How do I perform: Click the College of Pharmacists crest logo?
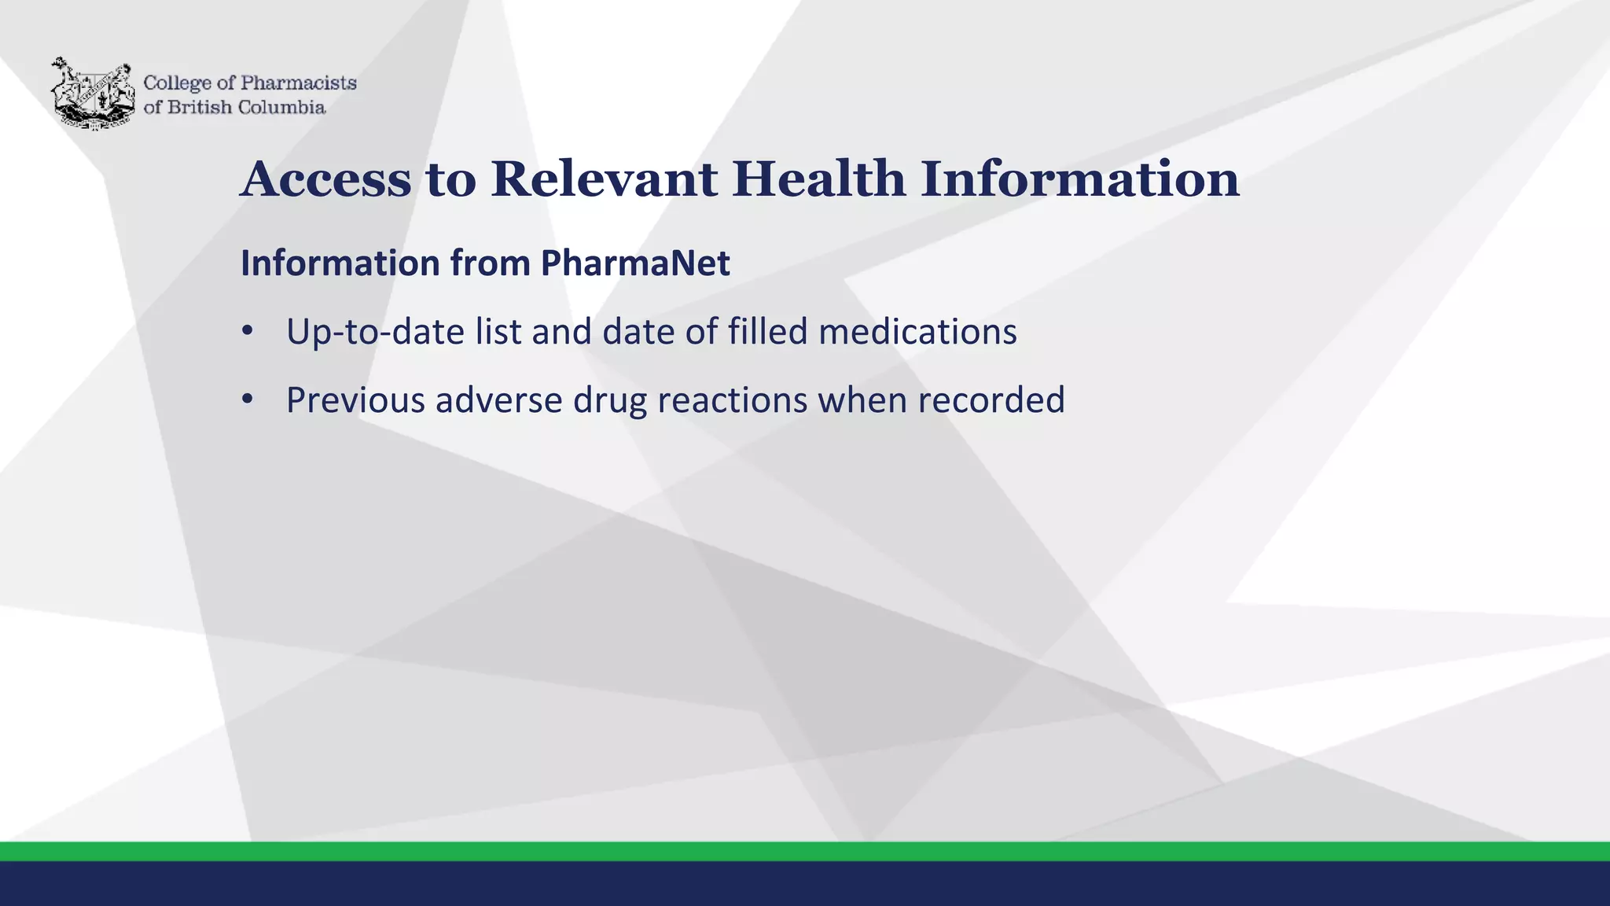point(93,94)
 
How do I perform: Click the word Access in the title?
point(325,179)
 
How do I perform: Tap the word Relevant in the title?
point(604,179)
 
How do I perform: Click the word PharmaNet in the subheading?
point(635,263)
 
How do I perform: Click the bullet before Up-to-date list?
point(248,331)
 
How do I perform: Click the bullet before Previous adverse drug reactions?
point(248,400)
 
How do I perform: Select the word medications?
point(917,332)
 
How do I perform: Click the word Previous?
point(355,400)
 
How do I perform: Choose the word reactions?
point(732,400)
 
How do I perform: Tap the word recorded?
point(991,400)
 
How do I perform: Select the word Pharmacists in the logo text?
point(298,83)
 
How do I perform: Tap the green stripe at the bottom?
point(805,852)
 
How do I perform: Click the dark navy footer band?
point(805,884)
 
